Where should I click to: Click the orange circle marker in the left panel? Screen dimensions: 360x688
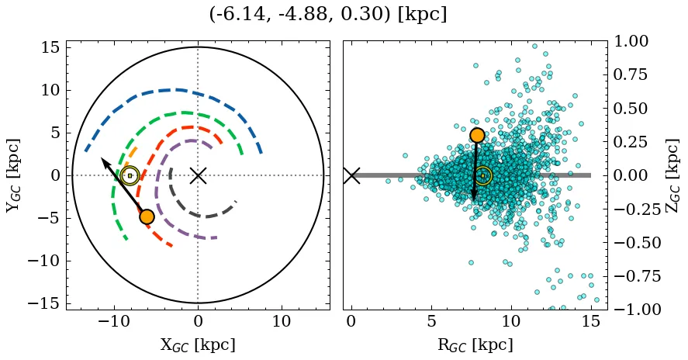point(147,216)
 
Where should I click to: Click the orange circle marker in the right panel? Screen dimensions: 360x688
point(477,135)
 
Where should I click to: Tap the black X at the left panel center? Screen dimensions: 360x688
point(198,175)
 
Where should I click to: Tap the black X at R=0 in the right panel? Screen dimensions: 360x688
point(351,175)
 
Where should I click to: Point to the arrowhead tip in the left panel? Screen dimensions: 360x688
point(103,158)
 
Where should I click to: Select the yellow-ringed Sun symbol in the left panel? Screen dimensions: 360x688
point(130,175)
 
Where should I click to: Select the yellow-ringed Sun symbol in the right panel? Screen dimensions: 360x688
point(482,175)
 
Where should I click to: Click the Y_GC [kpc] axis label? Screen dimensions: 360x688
point(12,175)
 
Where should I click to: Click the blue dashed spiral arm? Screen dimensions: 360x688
point(178,89)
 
